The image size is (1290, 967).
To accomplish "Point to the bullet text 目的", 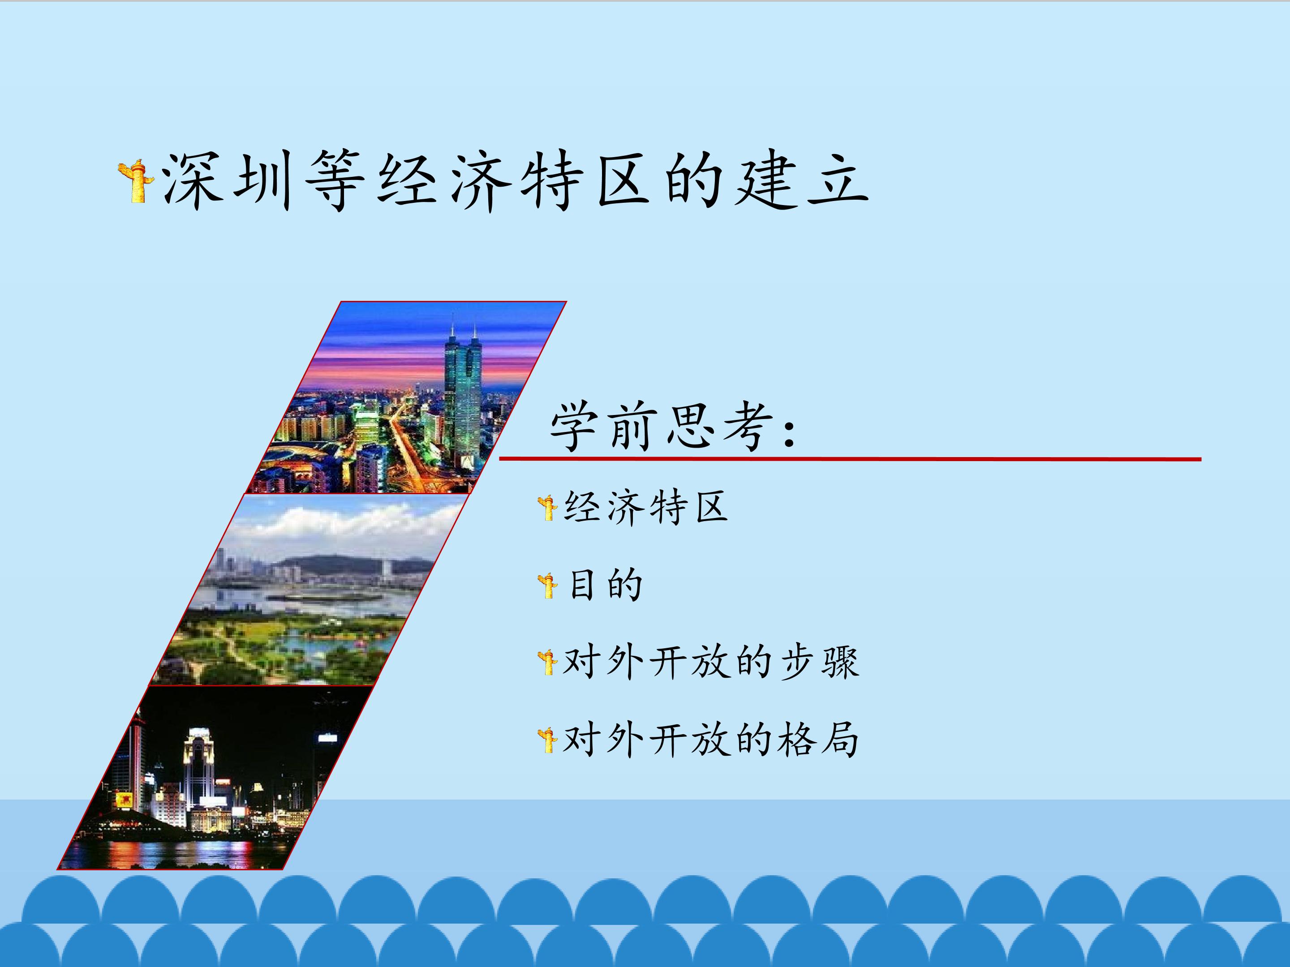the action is pyautogui.click(x=605, y=585).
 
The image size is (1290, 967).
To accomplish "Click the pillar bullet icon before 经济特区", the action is pyautogui.click(x=548, y=508).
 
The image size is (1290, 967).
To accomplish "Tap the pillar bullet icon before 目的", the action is pyautogui.click(x=548, y=586).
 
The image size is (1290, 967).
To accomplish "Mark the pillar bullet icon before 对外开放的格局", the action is pyautogui.click(x=548, y=740).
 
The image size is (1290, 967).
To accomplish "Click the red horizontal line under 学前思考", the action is pyautogui.click(x=850, y=459).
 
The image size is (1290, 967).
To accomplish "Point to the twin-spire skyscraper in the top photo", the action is pyautogui.click(x=462, y=402).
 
